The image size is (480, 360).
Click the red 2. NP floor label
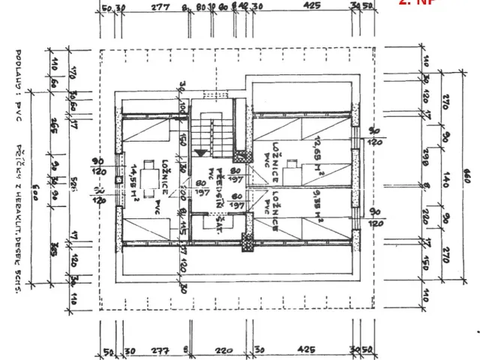pyautogui.click(x=417, y=3)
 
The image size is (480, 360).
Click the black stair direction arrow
pyautogui.click(x=199, y=152)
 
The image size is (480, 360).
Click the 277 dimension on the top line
pyautogui.click(x=159, y=7)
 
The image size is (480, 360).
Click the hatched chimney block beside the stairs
pyautogui.click(x=241, y=157)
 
